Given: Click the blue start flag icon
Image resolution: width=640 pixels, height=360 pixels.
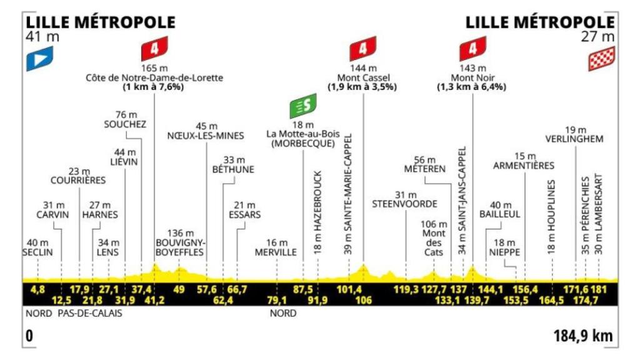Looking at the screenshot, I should tap(39, 59).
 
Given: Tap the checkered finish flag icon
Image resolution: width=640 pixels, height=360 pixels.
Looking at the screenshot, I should tap(599, 59).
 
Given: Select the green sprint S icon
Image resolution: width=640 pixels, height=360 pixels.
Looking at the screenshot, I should tap(303, 107).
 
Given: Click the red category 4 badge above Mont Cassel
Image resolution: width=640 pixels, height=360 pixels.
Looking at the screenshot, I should tap(363, 49).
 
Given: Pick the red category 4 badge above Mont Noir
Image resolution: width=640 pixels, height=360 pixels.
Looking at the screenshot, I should tap(472, 49).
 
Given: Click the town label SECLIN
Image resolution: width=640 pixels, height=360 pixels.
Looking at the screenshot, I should tap(37, 252).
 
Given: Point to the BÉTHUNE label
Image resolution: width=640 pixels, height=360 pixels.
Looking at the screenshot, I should tap(233, 169).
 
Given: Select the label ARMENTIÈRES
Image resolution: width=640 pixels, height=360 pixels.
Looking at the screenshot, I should tap(524, 166).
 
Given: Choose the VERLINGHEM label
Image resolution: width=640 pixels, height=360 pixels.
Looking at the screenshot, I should tap(574, 139).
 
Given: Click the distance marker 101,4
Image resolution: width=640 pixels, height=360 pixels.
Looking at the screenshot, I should tap(351, 289).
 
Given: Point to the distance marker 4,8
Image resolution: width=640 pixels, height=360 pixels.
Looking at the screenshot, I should tap(37, 289).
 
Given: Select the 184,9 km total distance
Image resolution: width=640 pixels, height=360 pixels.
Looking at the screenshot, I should tap(583, 336).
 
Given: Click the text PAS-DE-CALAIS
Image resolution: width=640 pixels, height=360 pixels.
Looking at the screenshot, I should tap(89, 313).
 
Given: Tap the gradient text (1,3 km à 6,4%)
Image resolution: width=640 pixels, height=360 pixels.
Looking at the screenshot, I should tap(471, 87).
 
